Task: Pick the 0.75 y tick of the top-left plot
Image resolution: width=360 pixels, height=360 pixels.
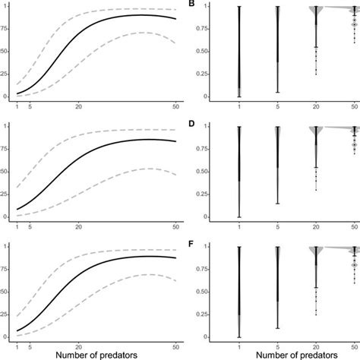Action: [5, 30]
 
